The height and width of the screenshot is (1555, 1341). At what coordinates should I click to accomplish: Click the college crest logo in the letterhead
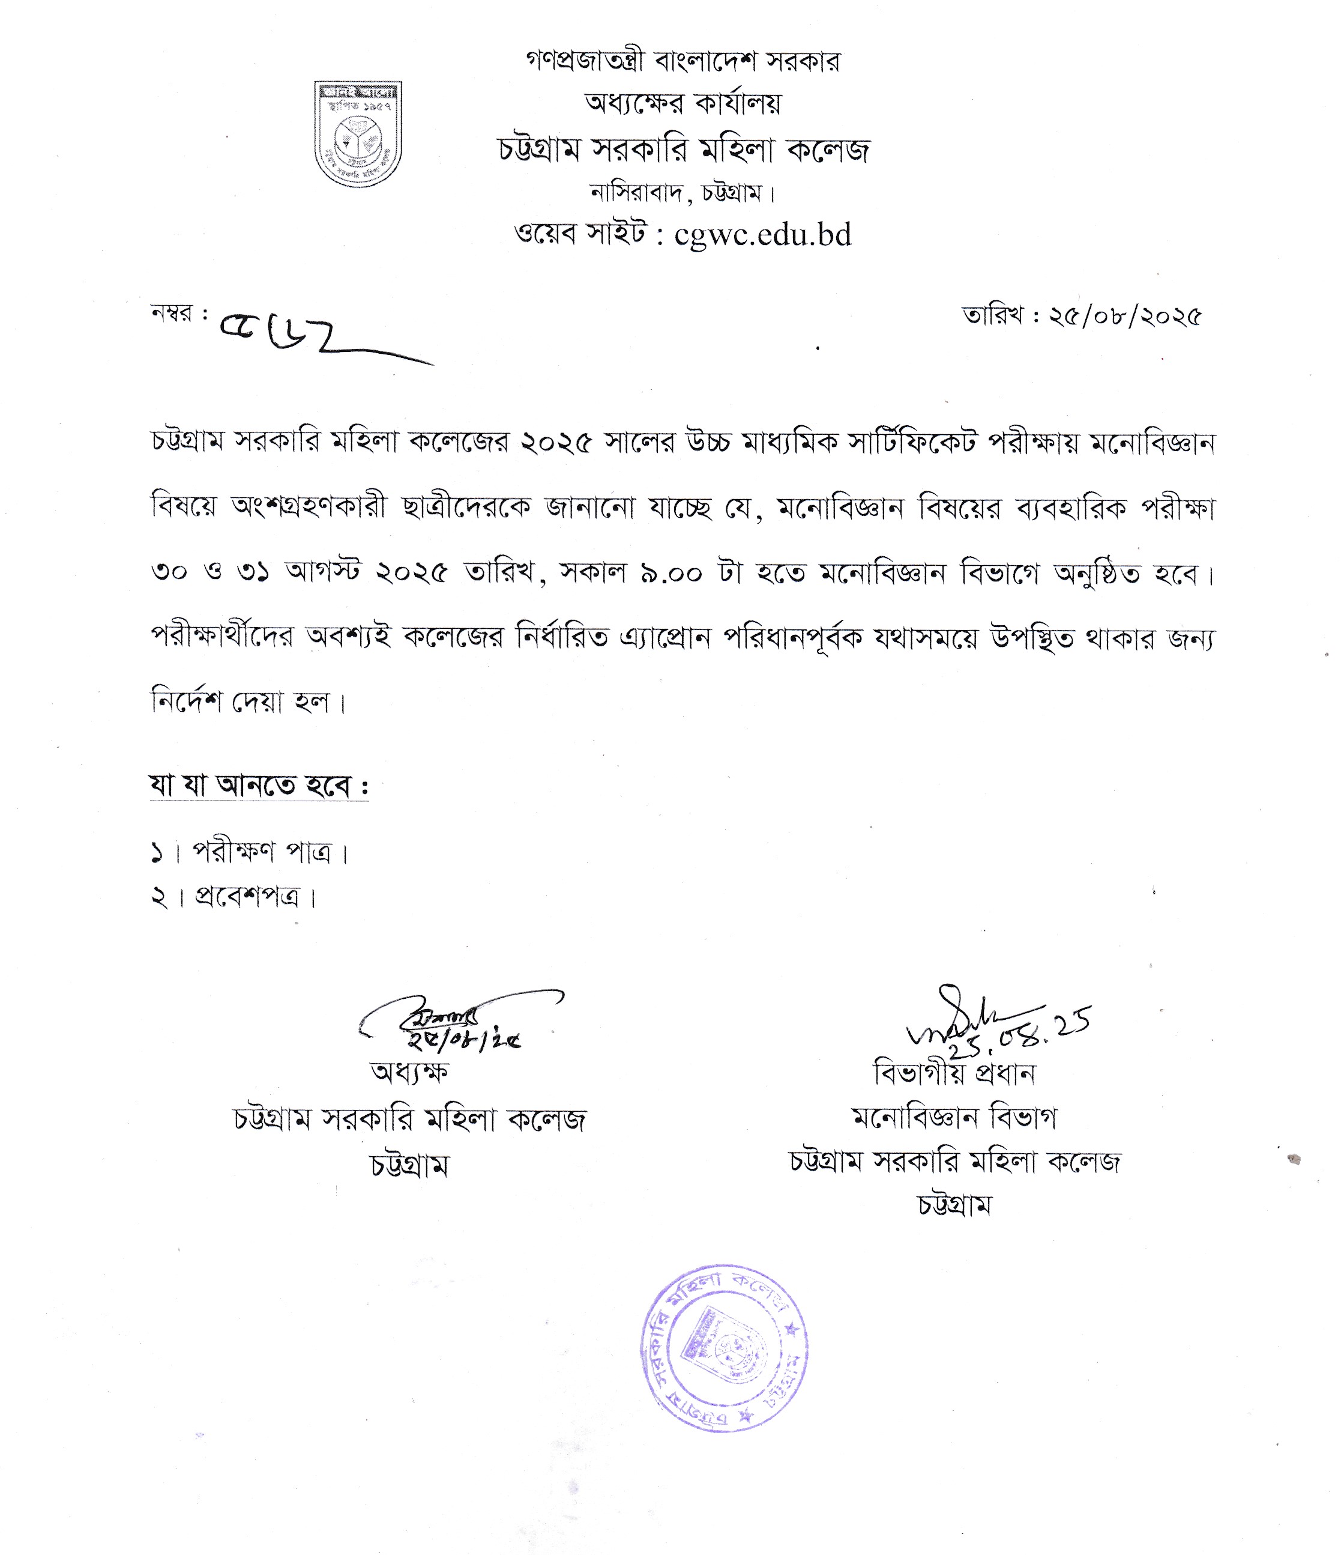click(x=357, y=133)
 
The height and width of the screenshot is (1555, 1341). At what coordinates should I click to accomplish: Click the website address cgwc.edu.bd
click(x=763, y=235)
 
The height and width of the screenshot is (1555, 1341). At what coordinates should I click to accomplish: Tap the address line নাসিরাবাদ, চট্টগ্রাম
click(x=683, y=193)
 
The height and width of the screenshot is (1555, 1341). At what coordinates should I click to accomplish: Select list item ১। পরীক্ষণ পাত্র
click(x=250, y=852)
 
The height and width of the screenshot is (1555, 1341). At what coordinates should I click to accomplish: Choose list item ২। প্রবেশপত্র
click(x=234, y=897)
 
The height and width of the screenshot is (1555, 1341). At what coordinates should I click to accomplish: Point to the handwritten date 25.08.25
click(x=1020, y=1034)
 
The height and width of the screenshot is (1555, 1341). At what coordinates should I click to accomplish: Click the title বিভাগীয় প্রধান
click(x=954, y=1074)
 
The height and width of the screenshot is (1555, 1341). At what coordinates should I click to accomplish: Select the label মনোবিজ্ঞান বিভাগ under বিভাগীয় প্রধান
click(x=954, y=1118)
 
